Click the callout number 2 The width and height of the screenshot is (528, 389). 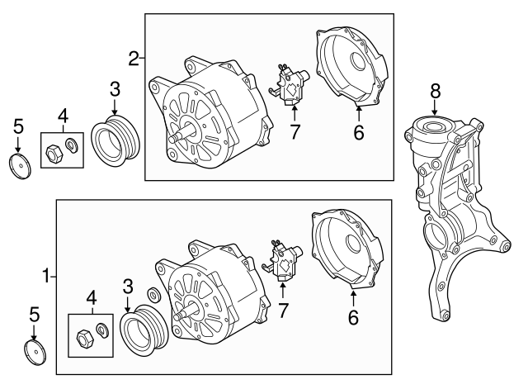133,58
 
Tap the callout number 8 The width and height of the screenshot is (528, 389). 435,91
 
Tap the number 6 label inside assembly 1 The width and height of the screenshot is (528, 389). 352,315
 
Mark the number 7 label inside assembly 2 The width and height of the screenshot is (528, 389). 295,132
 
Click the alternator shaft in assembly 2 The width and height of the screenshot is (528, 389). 178,138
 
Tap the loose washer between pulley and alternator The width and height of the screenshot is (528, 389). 153,296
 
